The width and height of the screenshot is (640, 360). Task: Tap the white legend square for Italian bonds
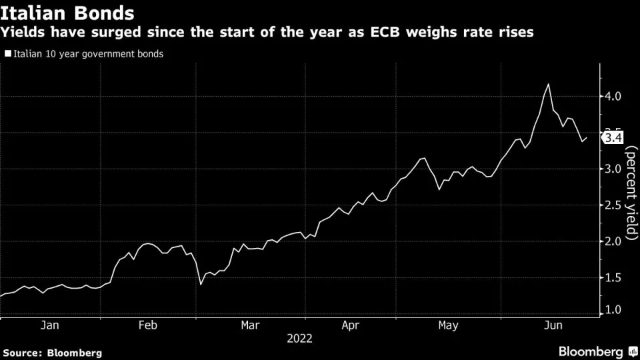[x=7, y=53]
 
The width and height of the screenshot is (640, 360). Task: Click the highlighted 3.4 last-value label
[x=613, y=138]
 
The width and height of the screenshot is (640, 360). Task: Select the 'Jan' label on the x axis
[x=50, y=325]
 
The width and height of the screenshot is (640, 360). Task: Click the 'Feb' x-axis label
[x=148, y=325]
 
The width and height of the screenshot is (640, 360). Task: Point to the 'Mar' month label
[x=250, y=325]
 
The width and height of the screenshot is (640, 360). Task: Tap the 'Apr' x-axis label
[x=350, y=325]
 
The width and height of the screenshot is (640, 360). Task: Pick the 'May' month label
[x=449, y=325]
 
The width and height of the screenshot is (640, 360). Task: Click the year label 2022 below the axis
[x=299, y=339]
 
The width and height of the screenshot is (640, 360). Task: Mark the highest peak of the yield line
[x=548, y=84]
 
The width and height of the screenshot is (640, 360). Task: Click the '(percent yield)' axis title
[x=631, y=193]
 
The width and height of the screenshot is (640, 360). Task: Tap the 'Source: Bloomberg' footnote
[x=53, y=353]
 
